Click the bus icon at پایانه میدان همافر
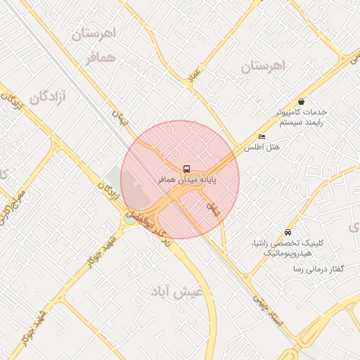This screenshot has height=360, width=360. pos(186,169)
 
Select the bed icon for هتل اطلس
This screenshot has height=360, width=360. pos(262,136)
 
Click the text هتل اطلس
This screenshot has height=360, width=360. pos(262,148)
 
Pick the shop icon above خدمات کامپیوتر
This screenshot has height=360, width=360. pos(302,101)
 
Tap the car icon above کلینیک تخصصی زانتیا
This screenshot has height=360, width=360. pos(288,232)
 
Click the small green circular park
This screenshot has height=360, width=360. pos(129,217)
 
